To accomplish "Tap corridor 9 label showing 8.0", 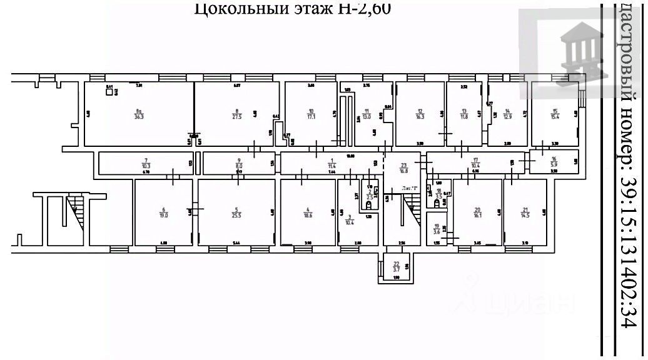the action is [238, 163].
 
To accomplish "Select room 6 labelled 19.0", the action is [163, 212].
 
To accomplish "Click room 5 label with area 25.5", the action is [236, 212].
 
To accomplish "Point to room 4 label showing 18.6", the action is [308, 212].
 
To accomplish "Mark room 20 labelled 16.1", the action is [477, 212].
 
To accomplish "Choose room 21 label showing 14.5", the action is [525, 212].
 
